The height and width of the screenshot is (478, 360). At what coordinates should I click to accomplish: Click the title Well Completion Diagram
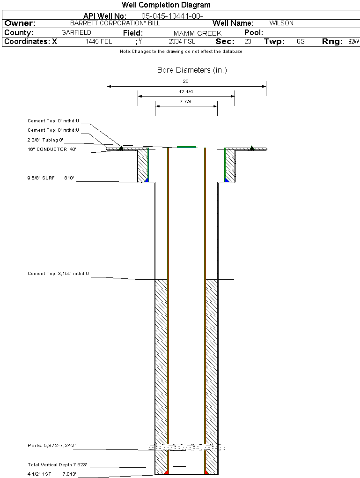[166, 5]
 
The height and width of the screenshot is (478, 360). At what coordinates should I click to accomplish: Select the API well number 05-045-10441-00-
[172, 16]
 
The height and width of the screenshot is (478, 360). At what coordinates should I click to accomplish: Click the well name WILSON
[281, 23]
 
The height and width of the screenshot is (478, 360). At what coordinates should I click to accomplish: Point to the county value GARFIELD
[76, 33]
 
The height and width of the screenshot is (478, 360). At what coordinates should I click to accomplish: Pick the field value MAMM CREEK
[197, 33]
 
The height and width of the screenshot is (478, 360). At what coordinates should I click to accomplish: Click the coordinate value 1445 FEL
[99, 42]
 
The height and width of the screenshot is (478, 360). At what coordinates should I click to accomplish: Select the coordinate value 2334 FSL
[182, 42]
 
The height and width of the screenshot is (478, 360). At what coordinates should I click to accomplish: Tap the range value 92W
[353, 42]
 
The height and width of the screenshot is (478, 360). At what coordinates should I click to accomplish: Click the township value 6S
[301, 42]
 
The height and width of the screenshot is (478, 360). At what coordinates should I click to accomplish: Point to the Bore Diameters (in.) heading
[192, 70]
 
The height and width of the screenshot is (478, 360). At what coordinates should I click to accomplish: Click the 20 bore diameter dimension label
[186, 81]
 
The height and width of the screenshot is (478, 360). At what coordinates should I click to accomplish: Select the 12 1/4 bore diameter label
[186, 91]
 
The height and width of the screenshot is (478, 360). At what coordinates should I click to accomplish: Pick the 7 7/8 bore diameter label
[186, 101]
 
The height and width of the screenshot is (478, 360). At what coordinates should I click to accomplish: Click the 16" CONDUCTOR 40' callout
[52, 149]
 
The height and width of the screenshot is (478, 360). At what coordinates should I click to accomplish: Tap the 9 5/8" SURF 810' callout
[51, 178]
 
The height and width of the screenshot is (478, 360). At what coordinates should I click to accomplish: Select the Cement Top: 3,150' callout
[58, 273]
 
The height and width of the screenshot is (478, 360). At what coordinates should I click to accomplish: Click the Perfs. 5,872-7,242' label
[51, 445]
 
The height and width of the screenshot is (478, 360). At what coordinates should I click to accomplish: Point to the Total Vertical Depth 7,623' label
[58, 465]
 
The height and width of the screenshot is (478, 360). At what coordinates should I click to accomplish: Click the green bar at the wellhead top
[187, 147]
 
